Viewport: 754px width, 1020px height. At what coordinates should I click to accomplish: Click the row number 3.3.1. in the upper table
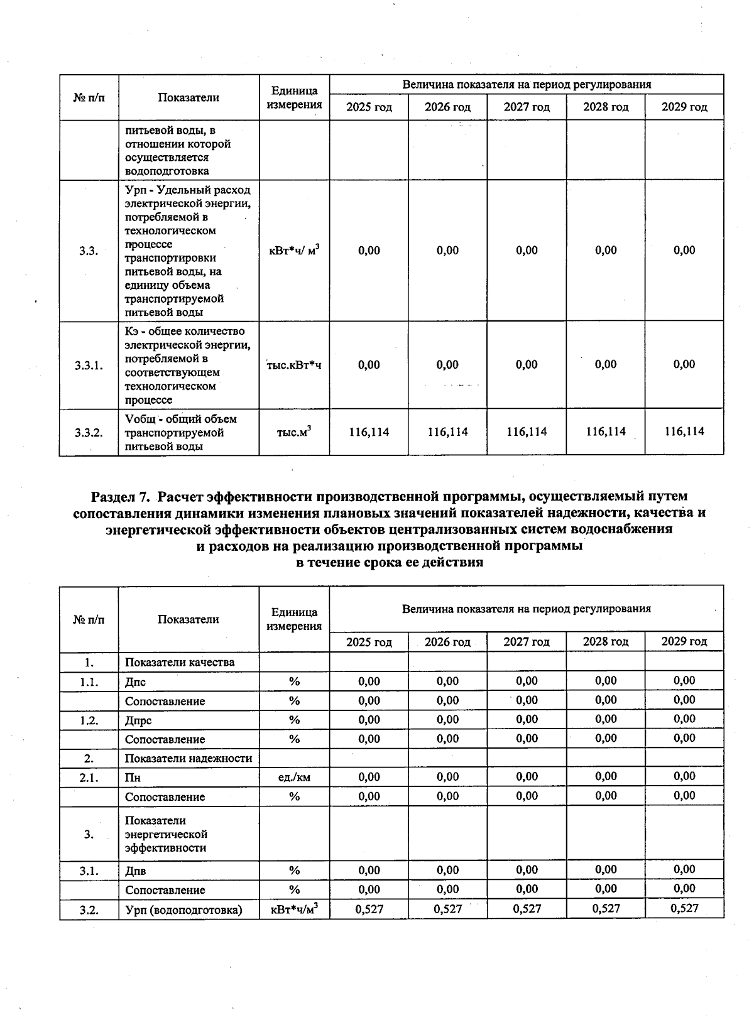coord(89,366)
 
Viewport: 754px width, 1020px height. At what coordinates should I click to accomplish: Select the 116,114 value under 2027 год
coord(527,431)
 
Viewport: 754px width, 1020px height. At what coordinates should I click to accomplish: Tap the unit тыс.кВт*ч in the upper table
coord(294,365)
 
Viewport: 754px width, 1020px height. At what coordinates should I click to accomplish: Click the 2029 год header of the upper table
coord(684,107)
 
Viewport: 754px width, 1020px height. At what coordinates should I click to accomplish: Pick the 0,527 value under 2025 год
coord(369,909)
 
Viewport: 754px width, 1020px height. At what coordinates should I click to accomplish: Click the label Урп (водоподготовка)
coord(183,909)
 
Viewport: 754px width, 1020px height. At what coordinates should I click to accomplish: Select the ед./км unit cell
coord(294,778)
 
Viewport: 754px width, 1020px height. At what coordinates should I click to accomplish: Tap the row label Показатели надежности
coord(188,758)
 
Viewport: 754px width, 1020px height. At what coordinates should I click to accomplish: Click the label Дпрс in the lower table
coord(138,720)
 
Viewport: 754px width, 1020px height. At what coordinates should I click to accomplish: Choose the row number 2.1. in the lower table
coord(89,778)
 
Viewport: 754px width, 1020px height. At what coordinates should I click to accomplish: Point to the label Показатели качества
coord(180,662)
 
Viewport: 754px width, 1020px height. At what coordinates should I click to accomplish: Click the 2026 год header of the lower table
coord(447,642)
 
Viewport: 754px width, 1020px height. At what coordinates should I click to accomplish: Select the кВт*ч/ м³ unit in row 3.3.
coord(294,250)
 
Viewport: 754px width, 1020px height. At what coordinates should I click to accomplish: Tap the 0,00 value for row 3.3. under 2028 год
coord(606,250)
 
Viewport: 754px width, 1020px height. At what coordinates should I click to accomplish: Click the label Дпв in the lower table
coord(136,871)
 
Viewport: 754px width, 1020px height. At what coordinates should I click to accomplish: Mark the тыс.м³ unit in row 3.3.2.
coord(294,432)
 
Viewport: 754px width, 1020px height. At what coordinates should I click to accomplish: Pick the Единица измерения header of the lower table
coord(294,619)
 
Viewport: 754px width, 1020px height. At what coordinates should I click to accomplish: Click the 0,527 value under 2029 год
coord(684,908)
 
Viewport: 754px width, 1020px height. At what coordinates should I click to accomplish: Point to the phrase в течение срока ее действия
coord(389,562)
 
